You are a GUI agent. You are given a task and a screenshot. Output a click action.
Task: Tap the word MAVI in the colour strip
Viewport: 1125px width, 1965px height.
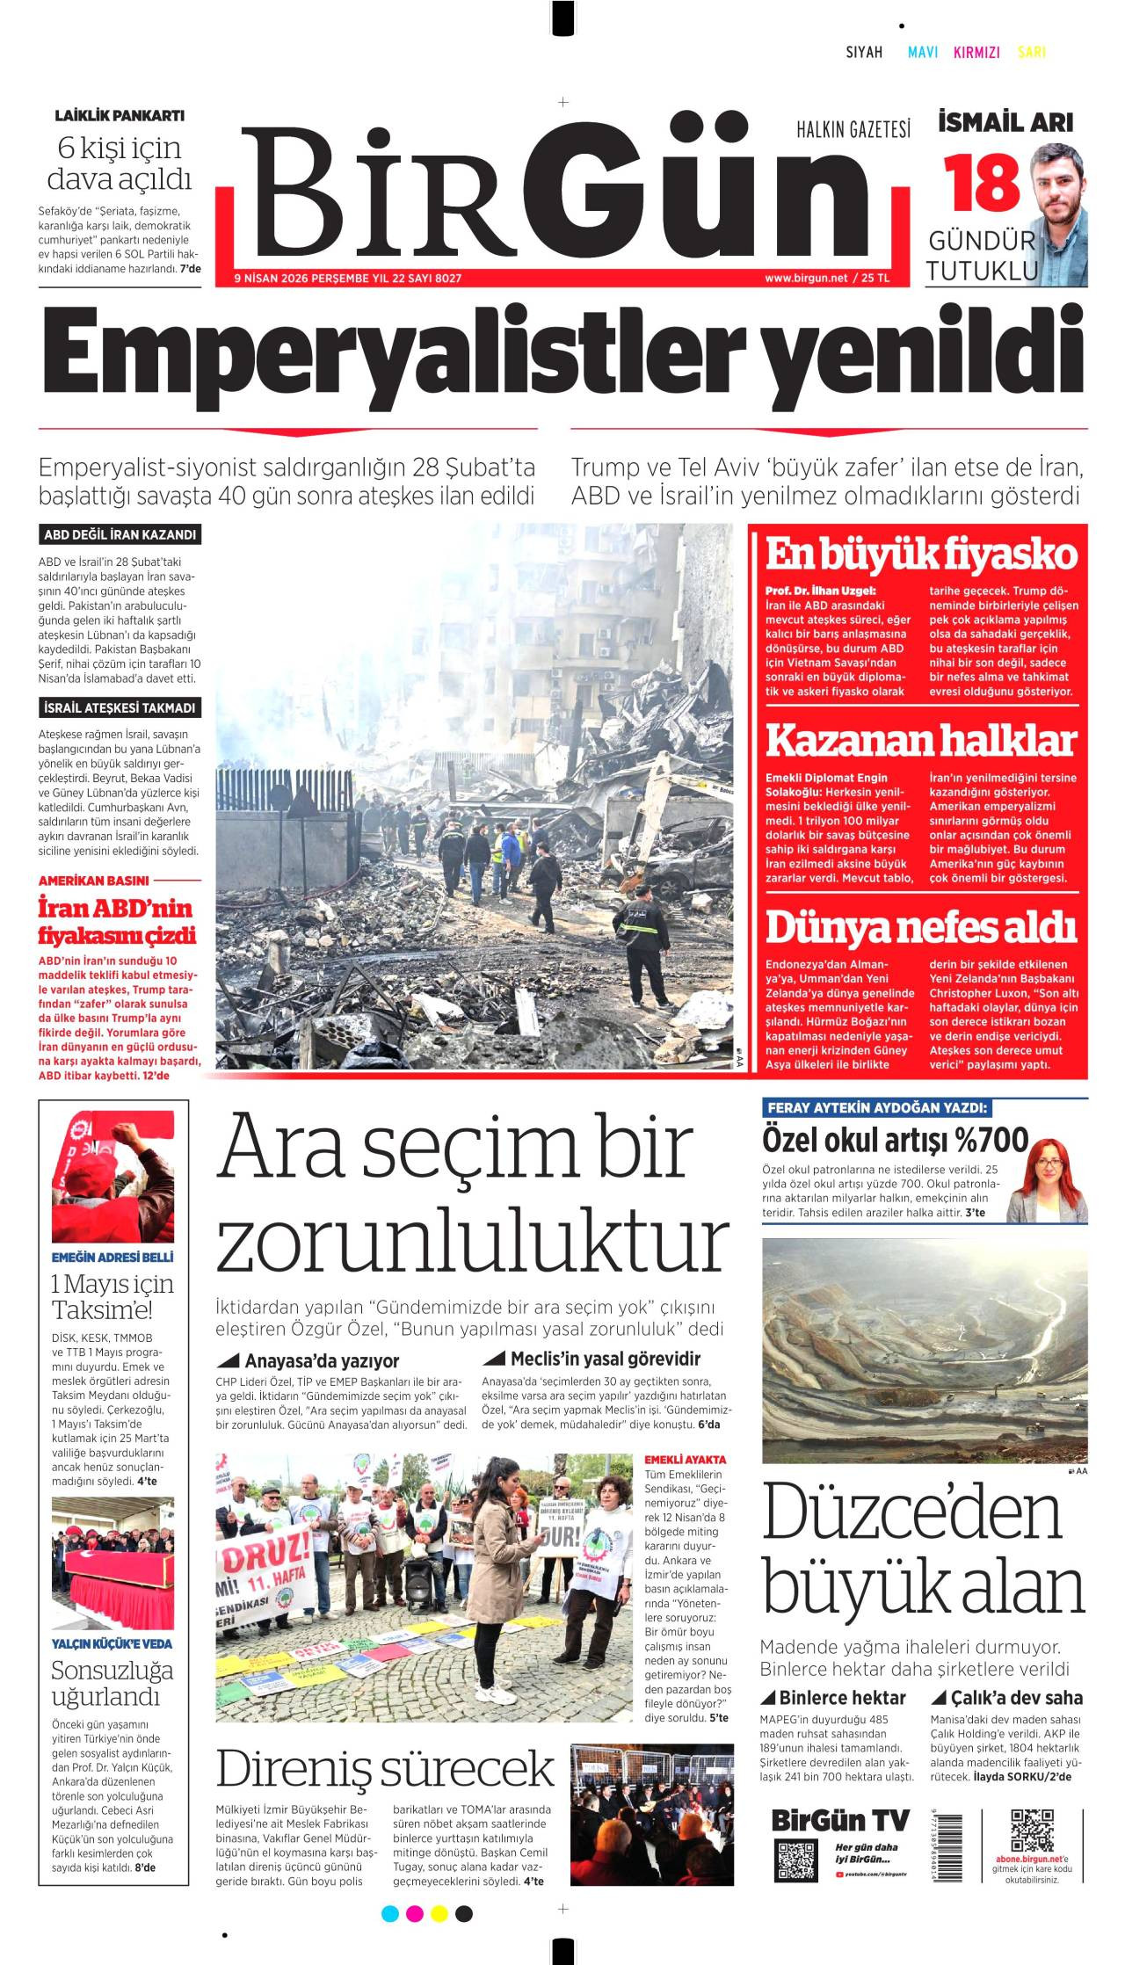coord(922,52)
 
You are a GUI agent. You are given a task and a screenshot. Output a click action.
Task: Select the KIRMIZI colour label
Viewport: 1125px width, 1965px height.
coord(976,52)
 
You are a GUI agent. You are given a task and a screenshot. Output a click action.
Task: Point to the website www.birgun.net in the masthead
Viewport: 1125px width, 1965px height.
coord(805,278)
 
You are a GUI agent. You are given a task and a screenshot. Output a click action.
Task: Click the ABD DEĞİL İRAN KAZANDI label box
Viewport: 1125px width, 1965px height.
coord(120,534)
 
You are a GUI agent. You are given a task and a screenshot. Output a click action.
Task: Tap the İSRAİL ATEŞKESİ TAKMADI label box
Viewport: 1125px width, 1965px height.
coord(120,707)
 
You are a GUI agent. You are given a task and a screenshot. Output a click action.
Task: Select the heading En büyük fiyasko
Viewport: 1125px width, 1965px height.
coord(920,555)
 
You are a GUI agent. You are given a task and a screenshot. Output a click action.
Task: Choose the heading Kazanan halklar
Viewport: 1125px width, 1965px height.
coord(920,740)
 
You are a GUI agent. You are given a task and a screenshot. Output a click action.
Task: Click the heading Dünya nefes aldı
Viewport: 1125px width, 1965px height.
coord(920,926)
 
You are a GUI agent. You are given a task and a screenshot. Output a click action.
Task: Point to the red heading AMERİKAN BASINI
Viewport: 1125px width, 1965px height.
coord(94,880)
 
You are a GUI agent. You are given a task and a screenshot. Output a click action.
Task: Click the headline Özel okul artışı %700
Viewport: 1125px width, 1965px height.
coord(895,1140)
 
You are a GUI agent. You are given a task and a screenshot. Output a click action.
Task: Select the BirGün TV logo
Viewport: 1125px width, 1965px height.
coord(840,1820)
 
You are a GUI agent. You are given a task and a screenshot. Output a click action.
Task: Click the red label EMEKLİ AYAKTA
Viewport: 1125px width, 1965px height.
coord(686,1460)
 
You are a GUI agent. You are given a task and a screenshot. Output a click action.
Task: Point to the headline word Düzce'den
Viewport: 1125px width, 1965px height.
coord(911,1512)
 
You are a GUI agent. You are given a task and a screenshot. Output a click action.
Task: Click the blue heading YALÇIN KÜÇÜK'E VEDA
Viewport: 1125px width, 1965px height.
coord(112,1643)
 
